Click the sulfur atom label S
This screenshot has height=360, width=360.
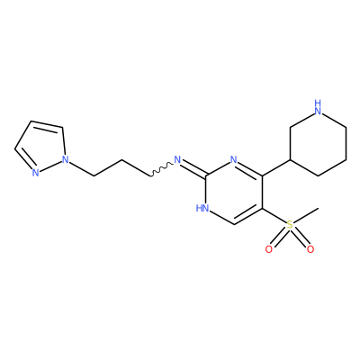pos(290,224)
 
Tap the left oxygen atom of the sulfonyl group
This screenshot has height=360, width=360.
pos(269,249)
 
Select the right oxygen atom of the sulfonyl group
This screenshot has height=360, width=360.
pos(310,249)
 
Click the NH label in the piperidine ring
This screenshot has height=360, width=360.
pos(318,107)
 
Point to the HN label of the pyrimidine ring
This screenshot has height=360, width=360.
pos(202,208)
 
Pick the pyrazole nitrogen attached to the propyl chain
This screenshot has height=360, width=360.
pos(66,158)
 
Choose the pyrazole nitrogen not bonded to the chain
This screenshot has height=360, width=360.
pos(36,173)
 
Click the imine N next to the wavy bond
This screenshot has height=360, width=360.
pos(177,159)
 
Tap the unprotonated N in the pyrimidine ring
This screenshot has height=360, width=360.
pos(234,159)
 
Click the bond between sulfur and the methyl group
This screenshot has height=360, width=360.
pos(306,215)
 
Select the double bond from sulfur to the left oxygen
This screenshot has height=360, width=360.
pos(279,237)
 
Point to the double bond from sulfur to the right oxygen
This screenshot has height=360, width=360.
pos(300,237)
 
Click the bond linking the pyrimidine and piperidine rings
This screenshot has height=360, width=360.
pos(276,167)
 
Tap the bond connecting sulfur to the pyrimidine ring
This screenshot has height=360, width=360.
pos(274,216)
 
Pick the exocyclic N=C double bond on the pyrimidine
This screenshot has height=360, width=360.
pos(193,168)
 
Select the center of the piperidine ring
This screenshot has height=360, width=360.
pos(318,143)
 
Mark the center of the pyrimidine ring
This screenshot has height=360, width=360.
pos(234,192)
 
